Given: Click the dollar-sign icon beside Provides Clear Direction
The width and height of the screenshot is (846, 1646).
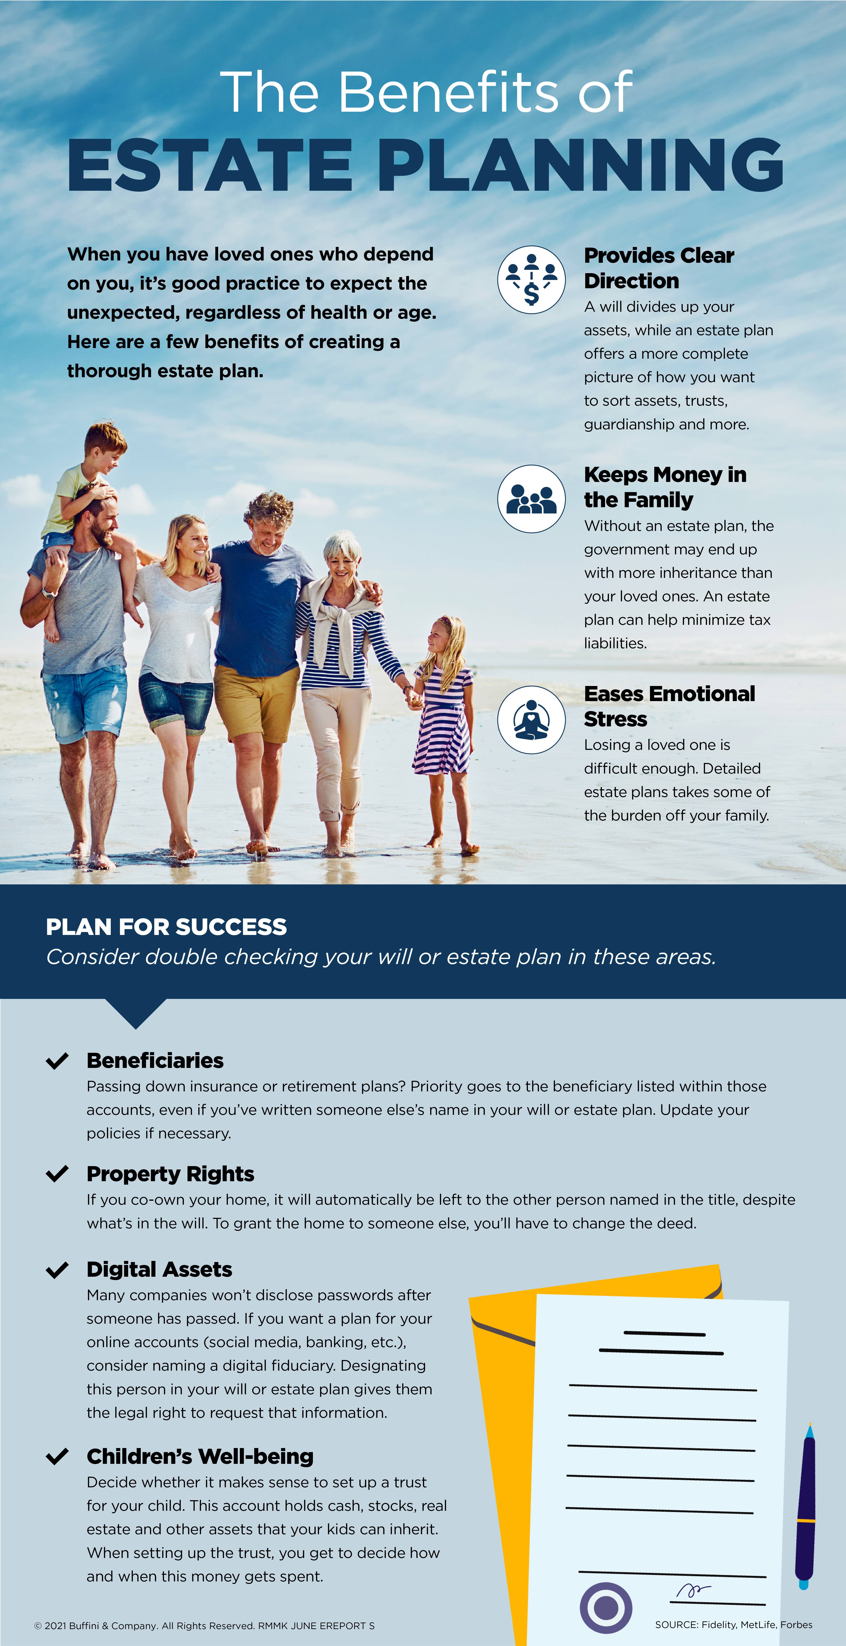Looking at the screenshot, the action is (531, 280).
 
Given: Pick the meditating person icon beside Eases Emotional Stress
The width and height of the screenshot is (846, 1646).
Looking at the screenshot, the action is (531, 719).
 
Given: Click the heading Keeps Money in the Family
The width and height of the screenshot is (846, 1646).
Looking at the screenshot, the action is (665, 487).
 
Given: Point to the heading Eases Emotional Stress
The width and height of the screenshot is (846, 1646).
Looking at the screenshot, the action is (669, 706).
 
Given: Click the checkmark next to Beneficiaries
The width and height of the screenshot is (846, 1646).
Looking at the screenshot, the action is (57, 1061).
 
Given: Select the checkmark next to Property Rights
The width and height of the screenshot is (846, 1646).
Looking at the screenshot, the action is (57, 1174).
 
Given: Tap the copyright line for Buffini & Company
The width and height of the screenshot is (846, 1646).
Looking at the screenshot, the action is (204, 1625).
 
